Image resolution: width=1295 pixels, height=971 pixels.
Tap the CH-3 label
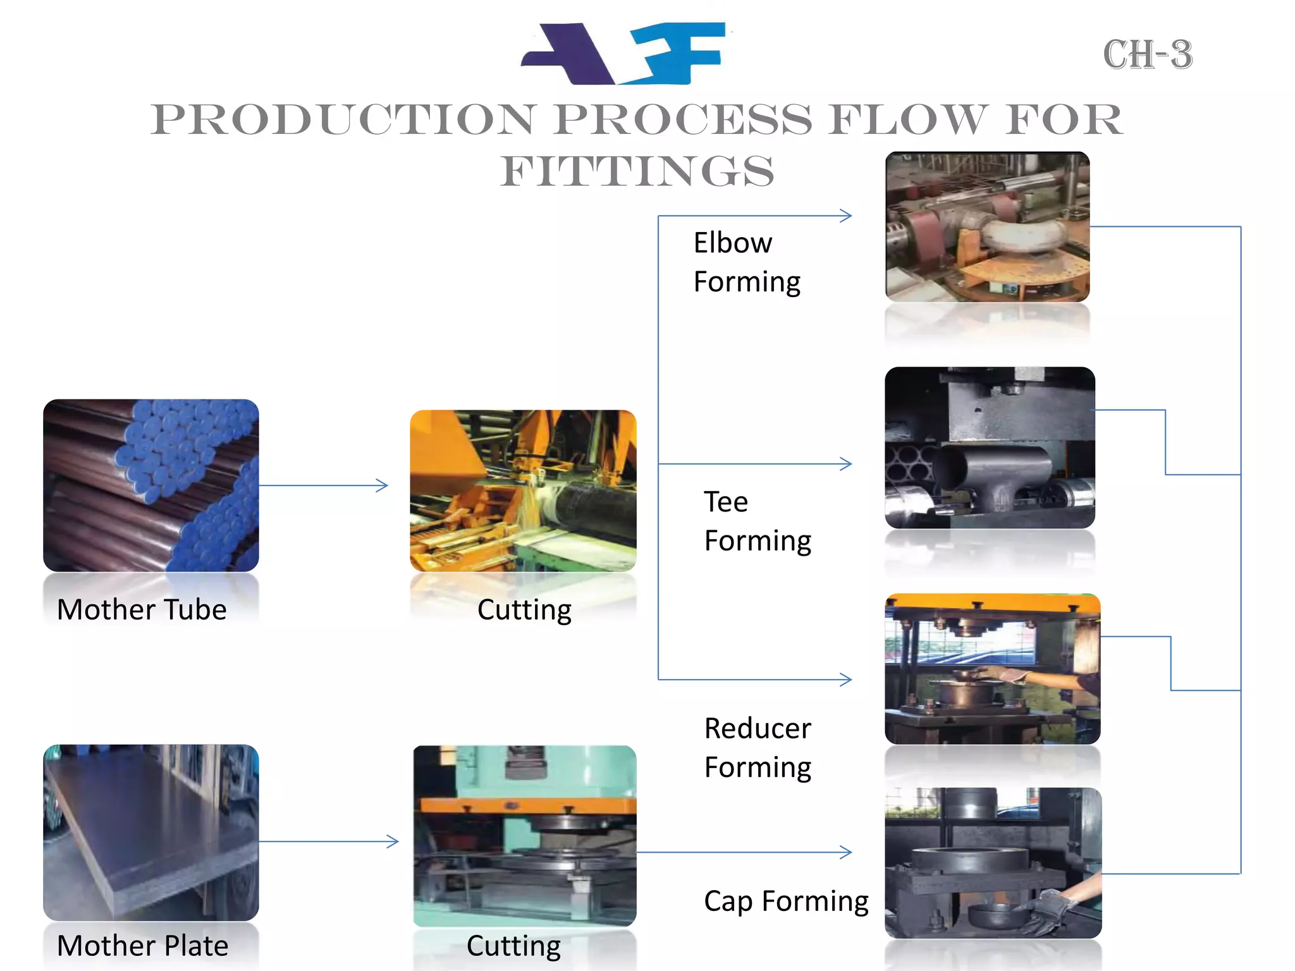pyautogui.click(x=1148, y=55)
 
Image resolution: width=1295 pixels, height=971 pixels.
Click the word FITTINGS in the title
pyautogui.click(x=637, y=171)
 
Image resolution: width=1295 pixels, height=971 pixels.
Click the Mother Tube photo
pyautogui.click(x=151, y=485)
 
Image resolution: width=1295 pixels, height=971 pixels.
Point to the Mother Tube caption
pyautogui.click(x=142, y=610)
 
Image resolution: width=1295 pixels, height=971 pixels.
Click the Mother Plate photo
pyautogui.click(x=151, y=832)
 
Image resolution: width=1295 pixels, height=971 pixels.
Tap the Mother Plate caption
pyautogui.click(x=142, y=946)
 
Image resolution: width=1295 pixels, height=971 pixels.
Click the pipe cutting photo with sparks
pyautogui.click(x=523, y=491)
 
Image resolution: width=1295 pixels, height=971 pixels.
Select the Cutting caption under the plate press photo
pyautogui.click(x=513, y=946)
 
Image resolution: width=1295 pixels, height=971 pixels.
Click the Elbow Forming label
pyautogui.click(x=747, y=262)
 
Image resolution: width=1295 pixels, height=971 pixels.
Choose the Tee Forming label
pyautogui.click(x=758, y=522)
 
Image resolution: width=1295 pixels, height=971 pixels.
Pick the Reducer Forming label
pyautogui.click(x=758, y=748)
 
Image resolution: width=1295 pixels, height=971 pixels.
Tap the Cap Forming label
pyautogui.click(x=786, y=901)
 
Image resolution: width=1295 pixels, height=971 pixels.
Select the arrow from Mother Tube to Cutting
pyautogui.click(x=323, y=485)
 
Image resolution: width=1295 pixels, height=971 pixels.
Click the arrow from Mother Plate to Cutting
pyautogui.click(x=329, y=841)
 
